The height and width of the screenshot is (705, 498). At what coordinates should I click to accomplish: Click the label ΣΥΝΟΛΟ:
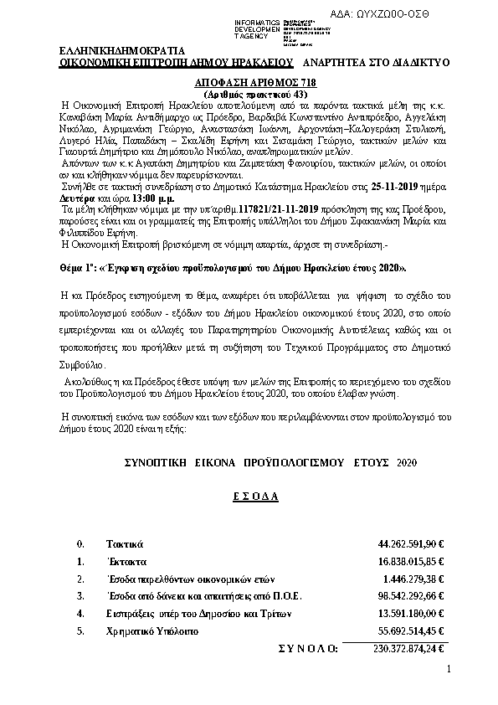tap(307, 647)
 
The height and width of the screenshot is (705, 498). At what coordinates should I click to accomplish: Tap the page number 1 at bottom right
tap(449, 669)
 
